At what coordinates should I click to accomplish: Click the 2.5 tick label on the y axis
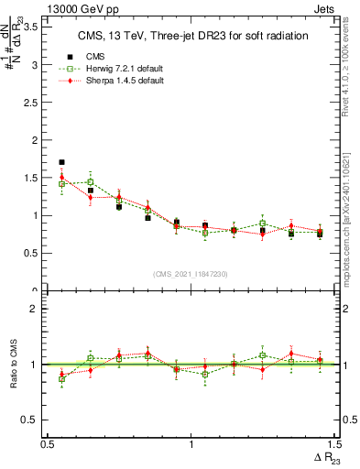(30, 103)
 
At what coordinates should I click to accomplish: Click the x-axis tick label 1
(191, 444)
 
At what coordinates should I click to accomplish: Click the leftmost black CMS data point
(61, 162)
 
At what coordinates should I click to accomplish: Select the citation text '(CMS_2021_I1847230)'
(191, 273)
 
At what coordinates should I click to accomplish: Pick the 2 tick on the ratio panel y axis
(37, 309)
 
